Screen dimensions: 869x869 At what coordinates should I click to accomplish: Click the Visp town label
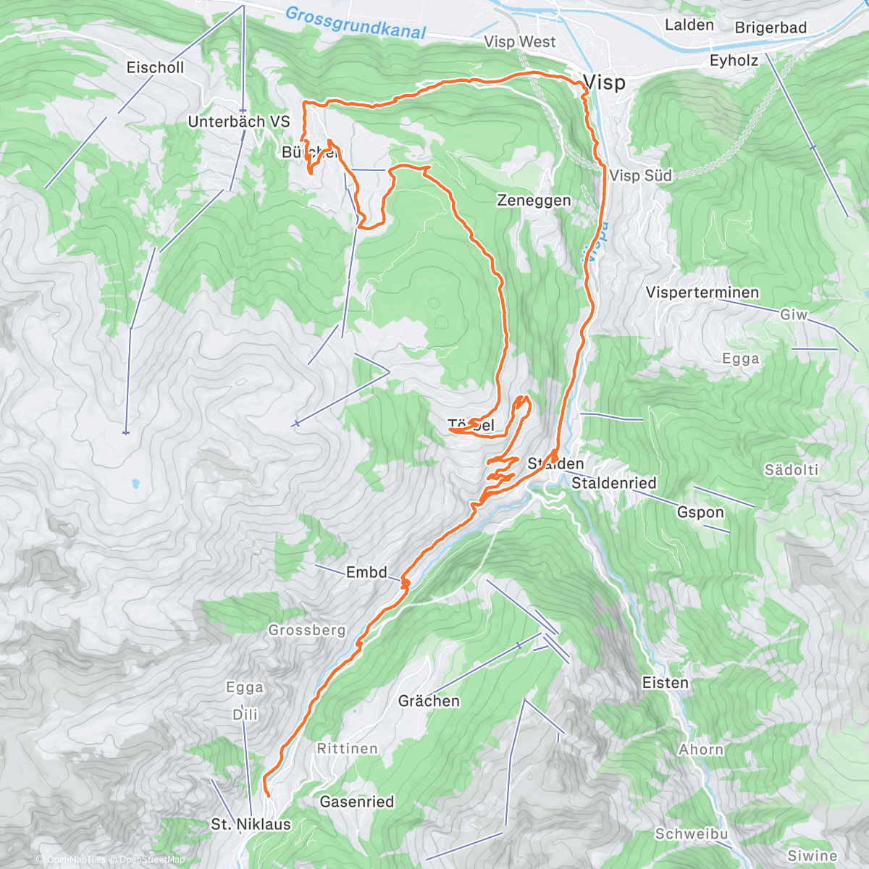[x=605, y=83]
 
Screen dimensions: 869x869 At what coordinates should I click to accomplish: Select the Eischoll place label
[x=155, y=67]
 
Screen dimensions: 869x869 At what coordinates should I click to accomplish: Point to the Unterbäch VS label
[x=238, y=122]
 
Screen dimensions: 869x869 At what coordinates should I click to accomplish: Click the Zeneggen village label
[x=534, y=201]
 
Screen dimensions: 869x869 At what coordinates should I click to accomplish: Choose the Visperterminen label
[x=702, y=293]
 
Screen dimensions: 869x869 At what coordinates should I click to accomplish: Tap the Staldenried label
[x=614, y=483]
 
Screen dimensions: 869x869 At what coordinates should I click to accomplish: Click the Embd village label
[x=366, y=572]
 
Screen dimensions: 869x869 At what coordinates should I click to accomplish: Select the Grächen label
[x=429, y=701]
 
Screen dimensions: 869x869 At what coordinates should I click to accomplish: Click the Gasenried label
[x=357, y=802]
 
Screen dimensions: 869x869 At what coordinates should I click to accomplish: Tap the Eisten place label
[x=665, y=683]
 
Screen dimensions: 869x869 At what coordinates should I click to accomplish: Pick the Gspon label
[x=700, y=512]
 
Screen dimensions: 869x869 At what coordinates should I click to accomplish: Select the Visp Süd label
[x=640, y=175]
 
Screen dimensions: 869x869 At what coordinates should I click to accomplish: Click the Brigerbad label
[x=771, y=28]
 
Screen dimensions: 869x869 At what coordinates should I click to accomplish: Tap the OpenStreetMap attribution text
[x=151, y=860]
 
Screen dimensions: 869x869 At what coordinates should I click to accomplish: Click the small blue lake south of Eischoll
[x=134, y=483]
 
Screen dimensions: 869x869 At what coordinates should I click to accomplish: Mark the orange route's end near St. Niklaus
[x=267, y=795]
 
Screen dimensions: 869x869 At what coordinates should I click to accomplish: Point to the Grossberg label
[x=307, y=630]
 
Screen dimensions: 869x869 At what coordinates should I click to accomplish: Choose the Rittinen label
[x=347, y=749]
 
